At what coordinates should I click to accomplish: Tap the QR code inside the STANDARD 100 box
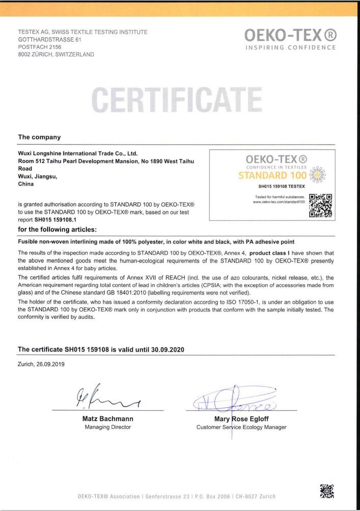tap(321, 205)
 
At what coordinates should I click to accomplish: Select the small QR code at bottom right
tap(326, 491)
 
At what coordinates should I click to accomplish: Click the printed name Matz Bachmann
tap(107, 419)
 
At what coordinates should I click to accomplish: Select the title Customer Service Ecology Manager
tap(241, 427)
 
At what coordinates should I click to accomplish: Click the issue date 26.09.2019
tap(49, 364)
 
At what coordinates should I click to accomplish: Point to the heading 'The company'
tap(39, 137)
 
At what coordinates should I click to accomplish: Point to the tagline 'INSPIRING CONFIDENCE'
tap(290, 48)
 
